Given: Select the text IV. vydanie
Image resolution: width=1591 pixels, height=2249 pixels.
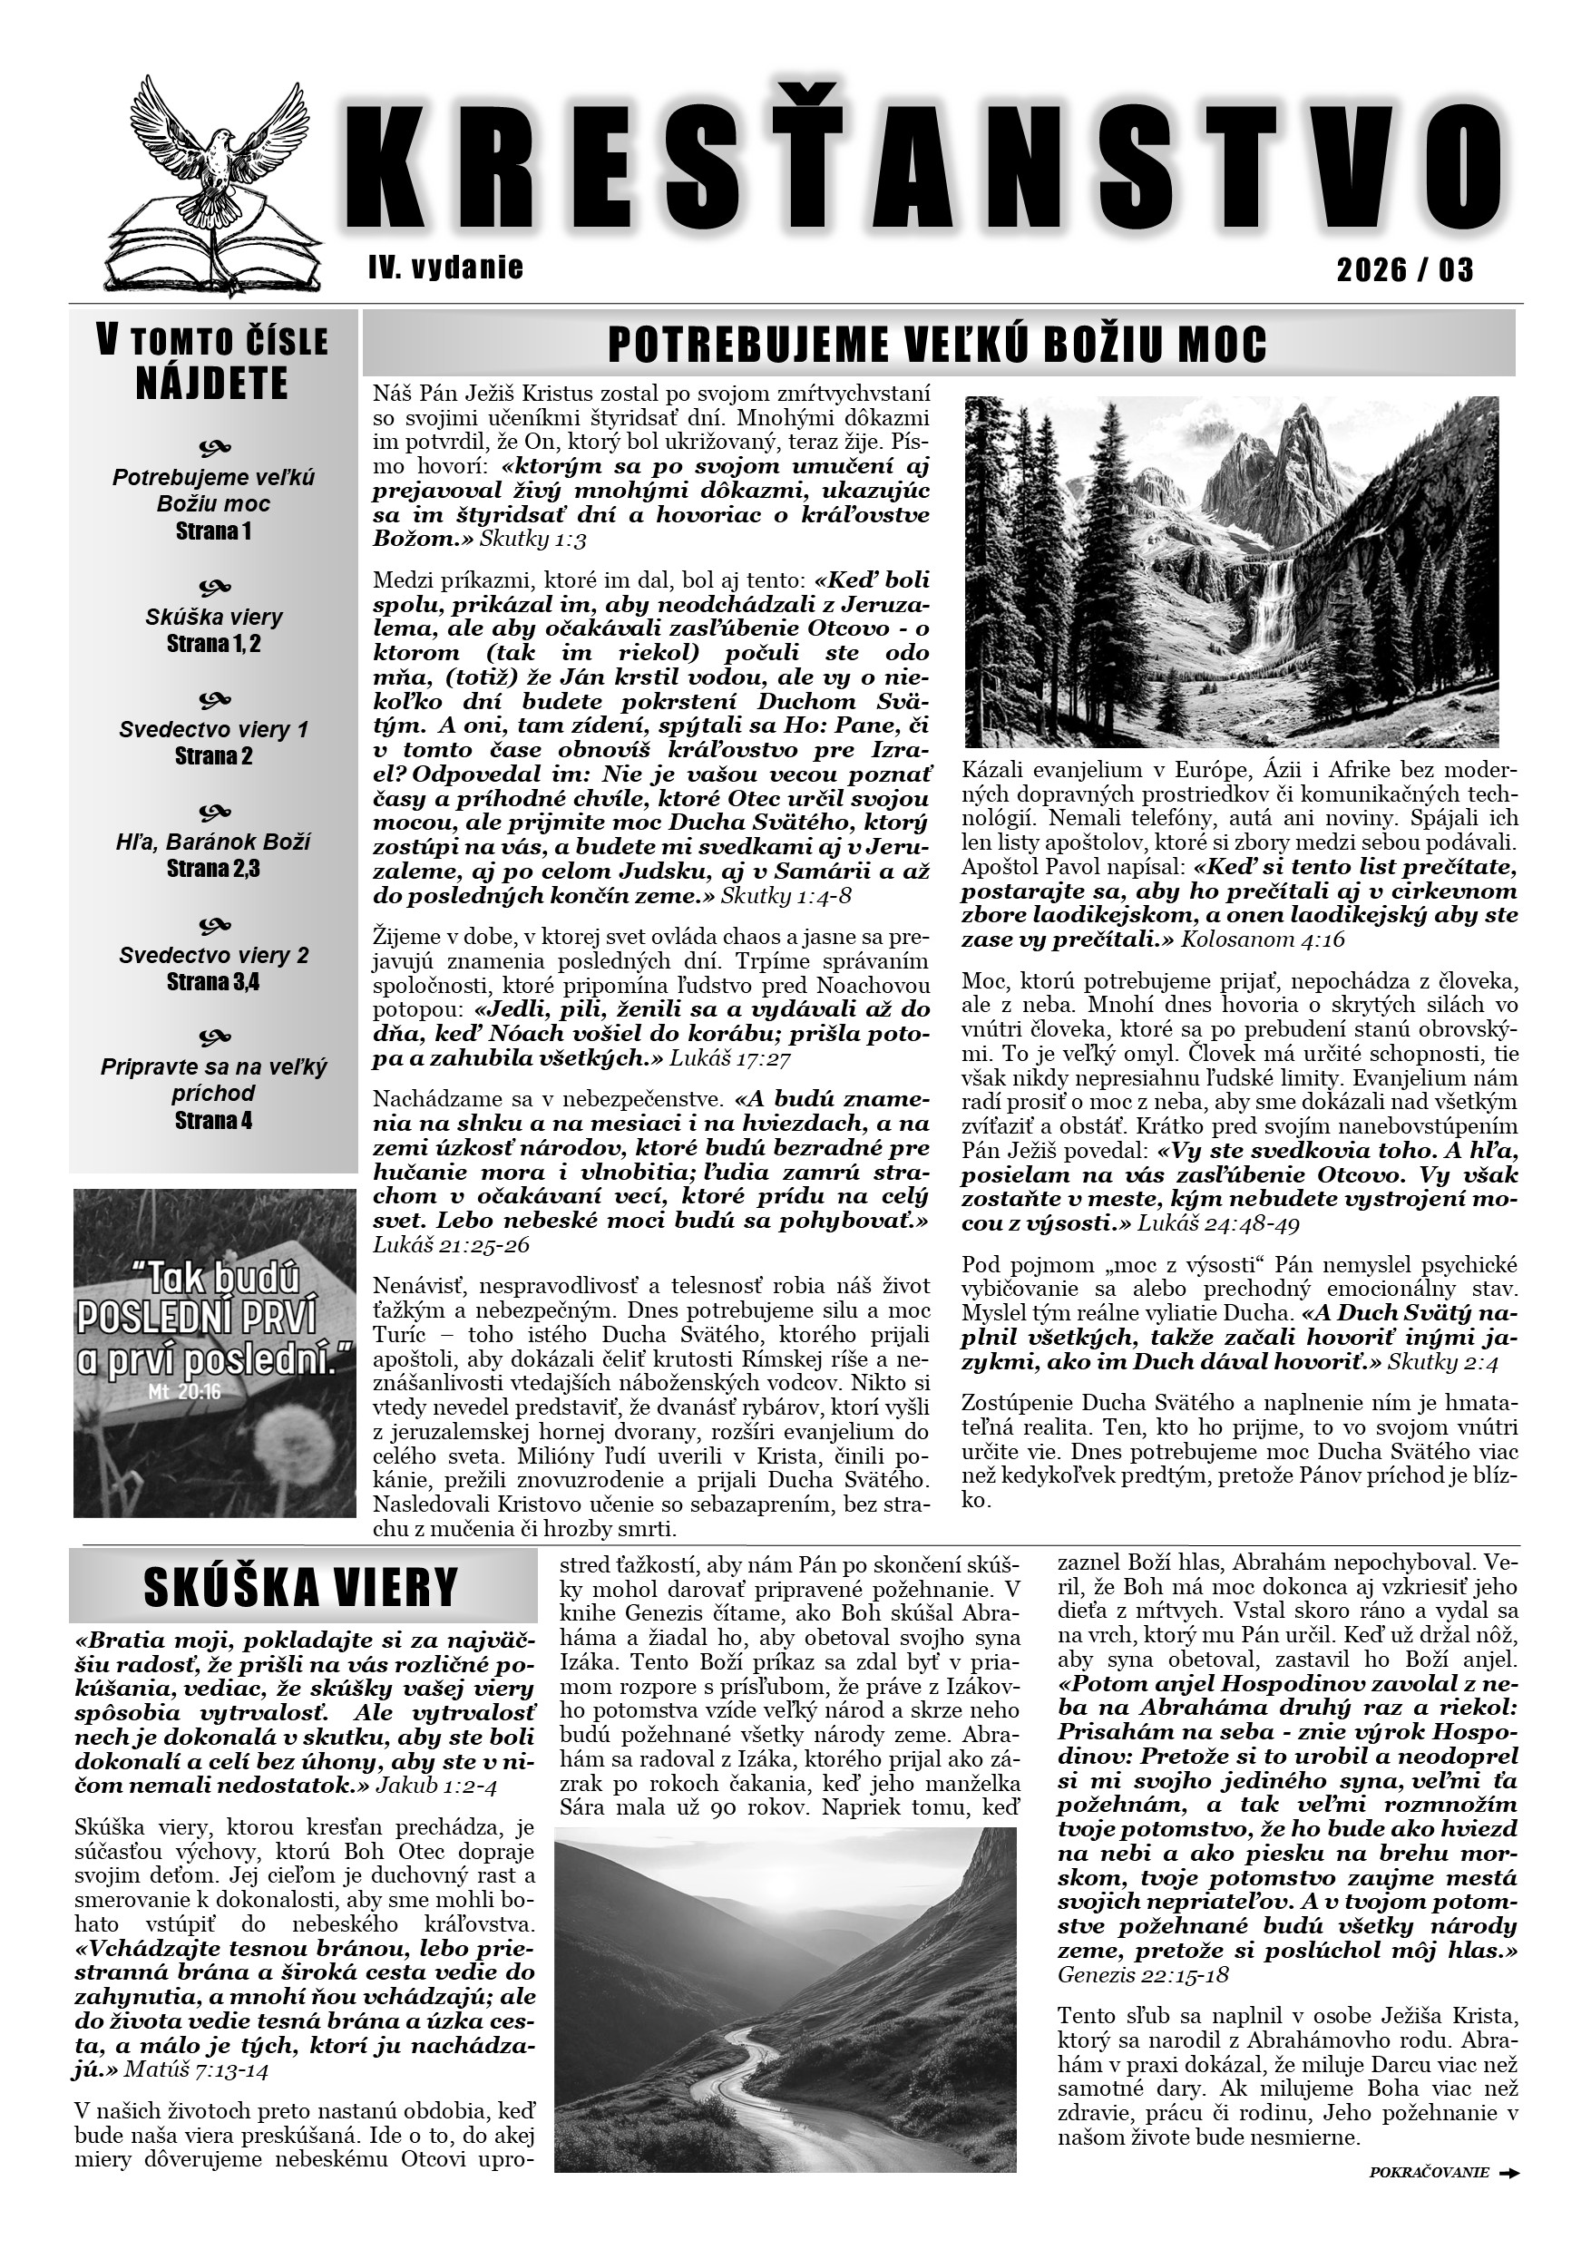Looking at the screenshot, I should click(445, 268).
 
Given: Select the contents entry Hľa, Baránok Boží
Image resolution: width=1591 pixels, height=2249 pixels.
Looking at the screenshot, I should click(212, 842).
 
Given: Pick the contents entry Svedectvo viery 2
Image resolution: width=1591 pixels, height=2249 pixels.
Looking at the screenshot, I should click(213, 955).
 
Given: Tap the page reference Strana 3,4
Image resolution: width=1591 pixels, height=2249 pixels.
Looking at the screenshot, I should click(212, 981).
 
